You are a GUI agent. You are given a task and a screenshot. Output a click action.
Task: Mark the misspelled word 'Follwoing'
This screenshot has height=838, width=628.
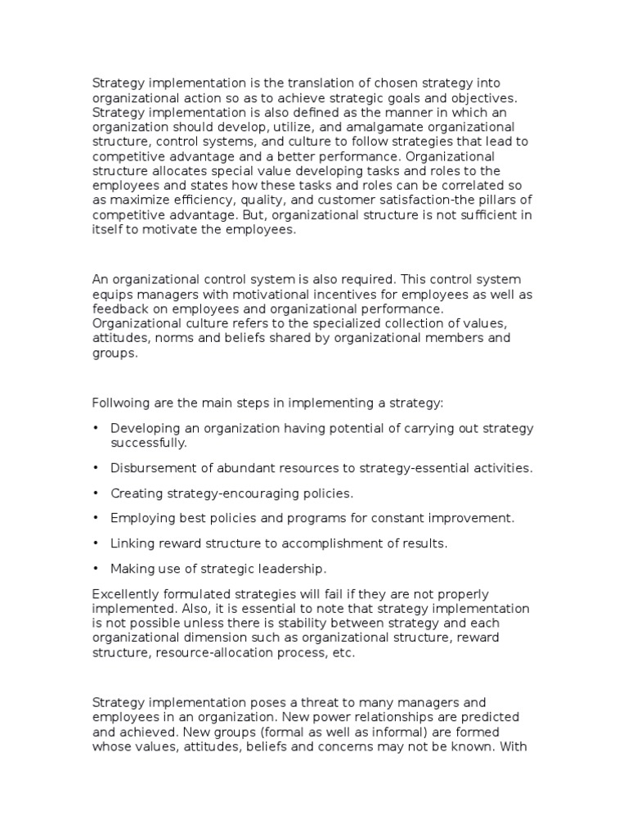122,403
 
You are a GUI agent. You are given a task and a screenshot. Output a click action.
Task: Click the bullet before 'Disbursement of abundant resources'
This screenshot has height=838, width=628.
96,469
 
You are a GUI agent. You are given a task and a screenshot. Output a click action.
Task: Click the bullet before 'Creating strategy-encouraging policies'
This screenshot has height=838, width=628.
96,493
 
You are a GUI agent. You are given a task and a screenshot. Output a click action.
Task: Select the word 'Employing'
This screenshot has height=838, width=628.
141,519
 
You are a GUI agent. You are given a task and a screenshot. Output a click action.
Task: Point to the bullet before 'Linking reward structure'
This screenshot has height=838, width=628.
96,543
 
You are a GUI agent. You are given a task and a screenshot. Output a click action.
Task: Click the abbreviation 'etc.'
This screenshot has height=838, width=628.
344,652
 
